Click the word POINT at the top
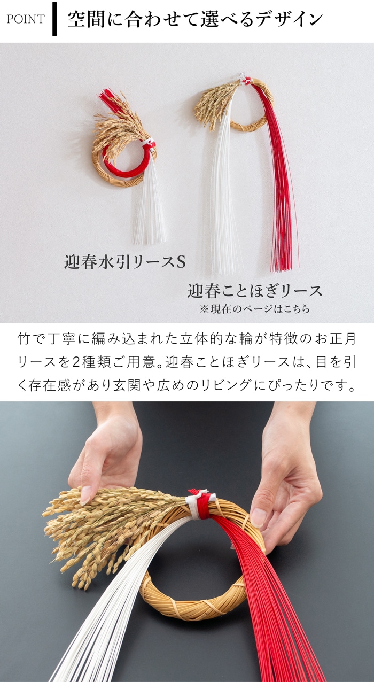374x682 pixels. (26, 19)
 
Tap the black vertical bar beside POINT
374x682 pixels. (54, 19)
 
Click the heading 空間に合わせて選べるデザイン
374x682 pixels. (195, 19)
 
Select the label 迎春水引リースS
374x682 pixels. (125, 262)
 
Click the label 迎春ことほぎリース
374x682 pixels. (255, 291)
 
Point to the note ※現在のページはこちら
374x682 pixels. (255, 309)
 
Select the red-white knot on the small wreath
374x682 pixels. (149, 143)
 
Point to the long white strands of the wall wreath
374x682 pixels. (224, 195)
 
